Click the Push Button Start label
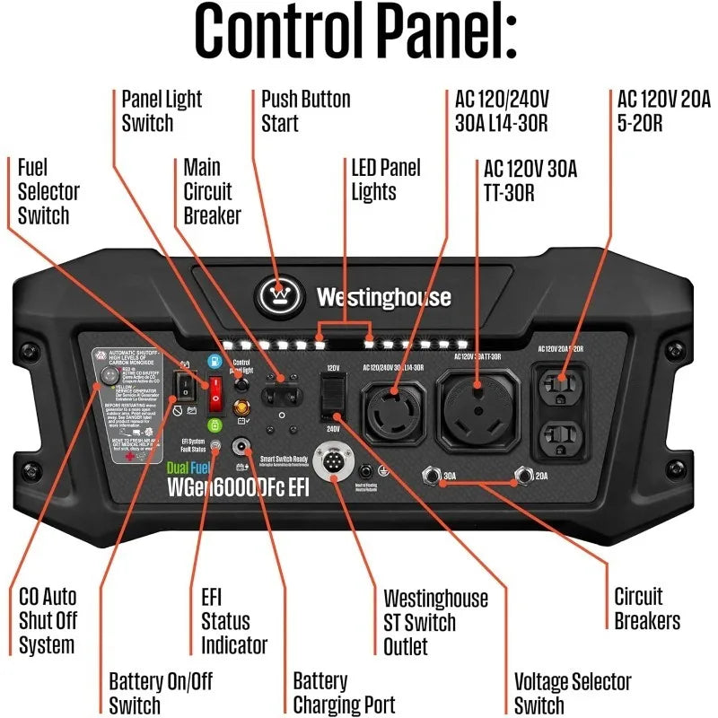pyautogui.click(x=305, y=110)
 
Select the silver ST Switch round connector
pyautogui.click(x=333, y=464)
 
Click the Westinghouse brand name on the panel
pyautogui.click(x=383, y=297)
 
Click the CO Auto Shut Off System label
pyautogui.click(x=48, y=620)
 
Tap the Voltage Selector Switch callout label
pyautogui.click(x=573, y=693)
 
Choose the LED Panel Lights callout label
pyautogui.click(x=385, y=179)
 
